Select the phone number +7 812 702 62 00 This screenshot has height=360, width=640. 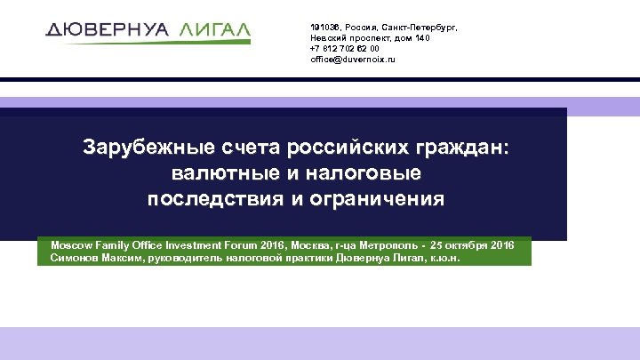(x=345, y=49)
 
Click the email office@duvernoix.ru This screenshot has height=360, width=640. (x=353, y=60)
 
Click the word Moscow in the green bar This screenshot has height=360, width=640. (x=71, y=243)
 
